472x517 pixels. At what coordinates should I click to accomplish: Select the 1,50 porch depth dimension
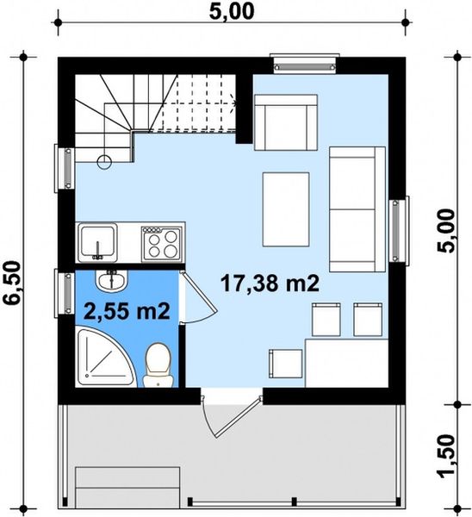(x=447, y=454)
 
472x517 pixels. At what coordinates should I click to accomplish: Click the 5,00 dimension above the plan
(x=233, y=13)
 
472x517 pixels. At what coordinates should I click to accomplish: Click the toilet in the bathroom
(x=157, y=364)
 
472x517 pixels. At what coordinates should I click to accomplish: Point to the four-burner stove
(x=161, y=242)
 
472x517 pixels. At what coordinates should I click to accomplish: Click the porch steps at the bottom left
(x=127, y=488)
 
